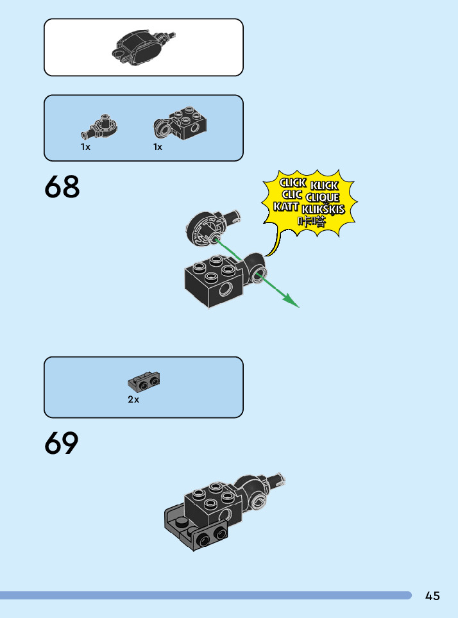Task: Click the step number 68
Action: pyautogui.click(x=62, y=187)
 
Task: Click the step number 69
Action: pyautogui.click(x=62, y=444)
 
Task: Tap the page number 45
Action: pyautogui.click(x=432, y=596)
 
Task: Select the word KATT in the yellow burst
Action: pyautogui.click(x=285, y=206)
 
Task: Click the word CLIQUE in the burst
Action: pyautogui.click(x=323, y=197)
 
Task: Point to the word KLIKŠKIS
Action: pyautogui.click(x=323, y=209)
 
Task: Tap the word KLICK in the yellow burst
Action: pyautogui.click(x=324, y=185)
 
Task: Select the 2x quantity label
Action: pyautogui.click(x=133, y=399)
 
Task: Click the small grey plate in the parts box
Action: pyautogui.click(x=144, y=382)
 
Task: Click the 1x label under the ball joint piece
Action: pyautogui.click(x=85, y=147)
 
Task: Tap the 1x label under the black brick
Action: pyautogui.click(x=158, y=147)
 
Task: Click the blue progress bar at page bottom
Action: pyautogui.click(x=205, y=596)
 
